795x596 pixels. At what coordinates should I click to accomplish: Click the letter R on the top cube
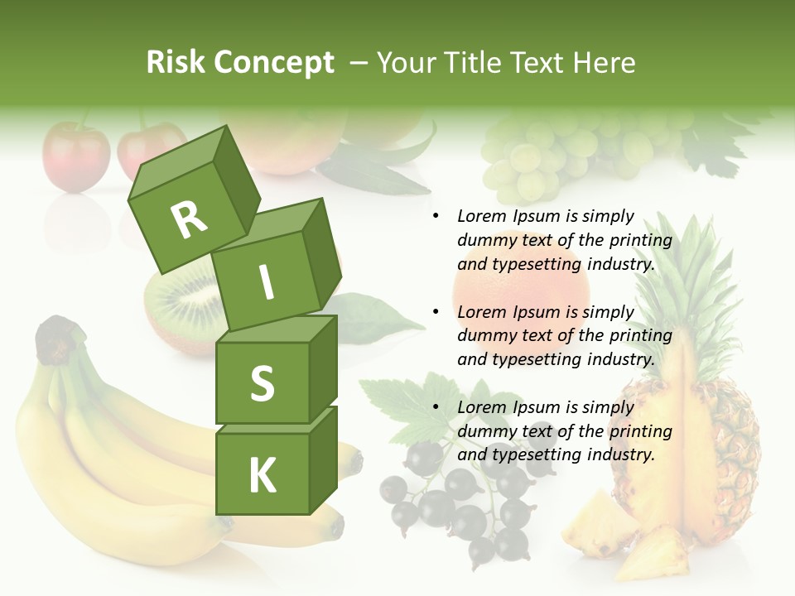click(x=189, y=219)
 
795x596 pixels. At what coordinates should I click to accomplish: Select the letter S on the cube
click(x=262, y=383)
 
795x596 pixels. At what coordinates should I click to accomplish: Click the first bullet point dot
click(x=436, y=217)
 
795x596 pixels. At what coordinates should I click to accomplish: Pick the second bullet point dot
click(x=436, y=312)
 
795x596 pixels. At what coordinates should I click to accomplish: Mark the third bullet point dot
click(x=436, y=407)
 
